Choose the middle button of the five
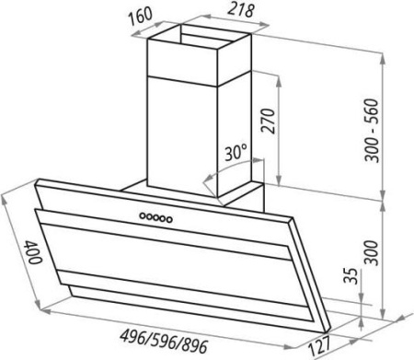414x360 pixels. tap(156, 217)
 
